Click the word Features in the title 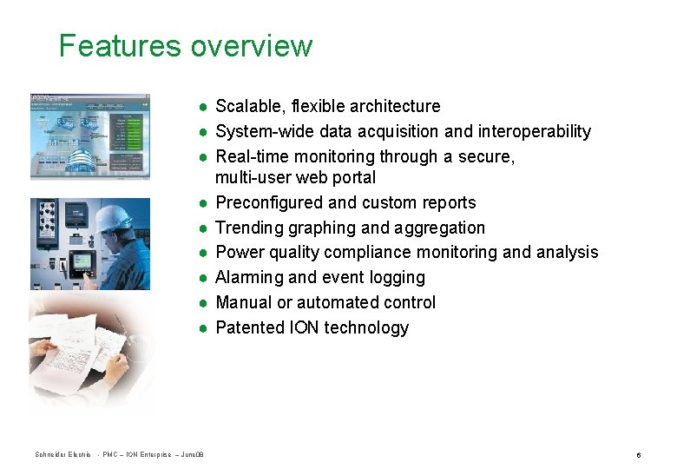tap(121, 45)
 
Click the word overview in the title tap(252, 45)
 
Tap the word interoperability tap(531, 132)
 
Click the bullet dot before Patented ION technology tap(201, 328)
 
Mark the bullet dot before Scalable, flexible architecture tap(201, 107)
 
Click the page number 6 tap(638, 455)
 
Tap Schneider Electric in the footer tap(62, 455)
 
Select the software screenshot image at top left tap(90, 136)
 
